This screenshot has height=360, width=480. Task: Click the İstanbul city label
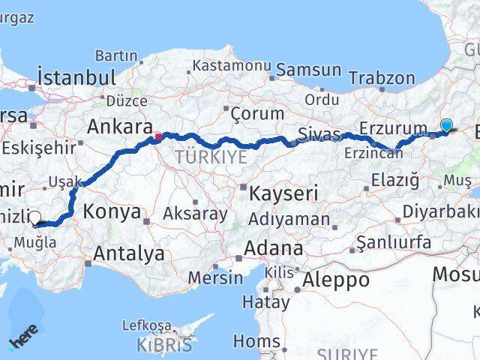click(76, 77)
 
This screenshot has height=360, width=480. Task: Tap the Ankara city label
click(120, 127)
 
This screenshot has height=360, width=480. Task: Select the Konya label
click(113, 211)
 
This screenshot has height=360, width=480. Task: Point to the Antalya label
click(129, 253)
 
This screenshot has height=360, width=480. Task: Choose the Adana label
click(277, 247)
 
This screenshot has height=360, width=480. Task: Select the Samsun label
click(308, 70)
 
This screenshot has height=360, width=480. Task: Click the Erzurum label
click(393, 128)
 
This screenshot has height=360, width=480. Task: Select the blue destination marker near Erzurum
click(447, 126)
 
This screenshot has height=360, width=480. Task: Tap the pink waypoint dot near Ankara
click(157, 136)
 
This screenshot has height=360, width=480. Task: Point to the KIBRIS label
click(164, 346)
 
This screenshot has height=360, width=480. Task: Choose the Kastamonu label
click(231, 65)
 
